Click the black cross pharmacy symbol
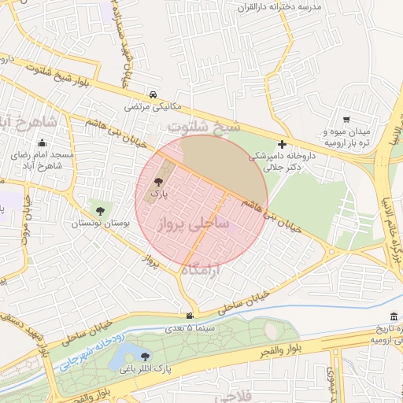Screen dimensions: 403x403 (282, 144)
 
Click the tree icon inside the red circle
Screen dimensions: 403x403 (159, 180)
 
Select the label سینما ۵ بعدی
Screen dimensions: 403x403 (188, 327)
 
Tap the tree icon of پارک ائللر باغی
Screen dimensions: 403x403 (166, 356)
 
